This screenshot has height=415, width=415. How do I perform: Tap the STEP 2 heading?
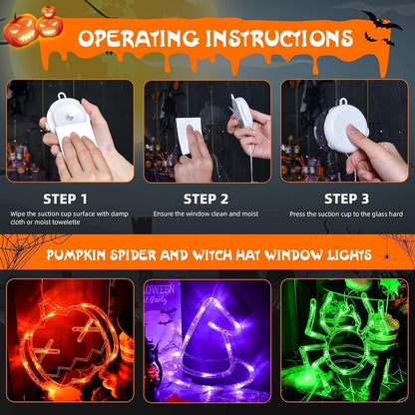tap(207, 198)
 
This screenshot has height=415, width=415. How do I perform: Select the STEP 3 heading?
tap(344, 198)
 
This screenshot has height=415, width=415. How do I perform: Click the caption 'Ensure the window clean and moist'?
tap(207, 213)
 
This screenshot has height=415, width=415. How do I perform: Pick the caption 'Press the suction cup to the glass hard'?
tap(345, 213)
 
